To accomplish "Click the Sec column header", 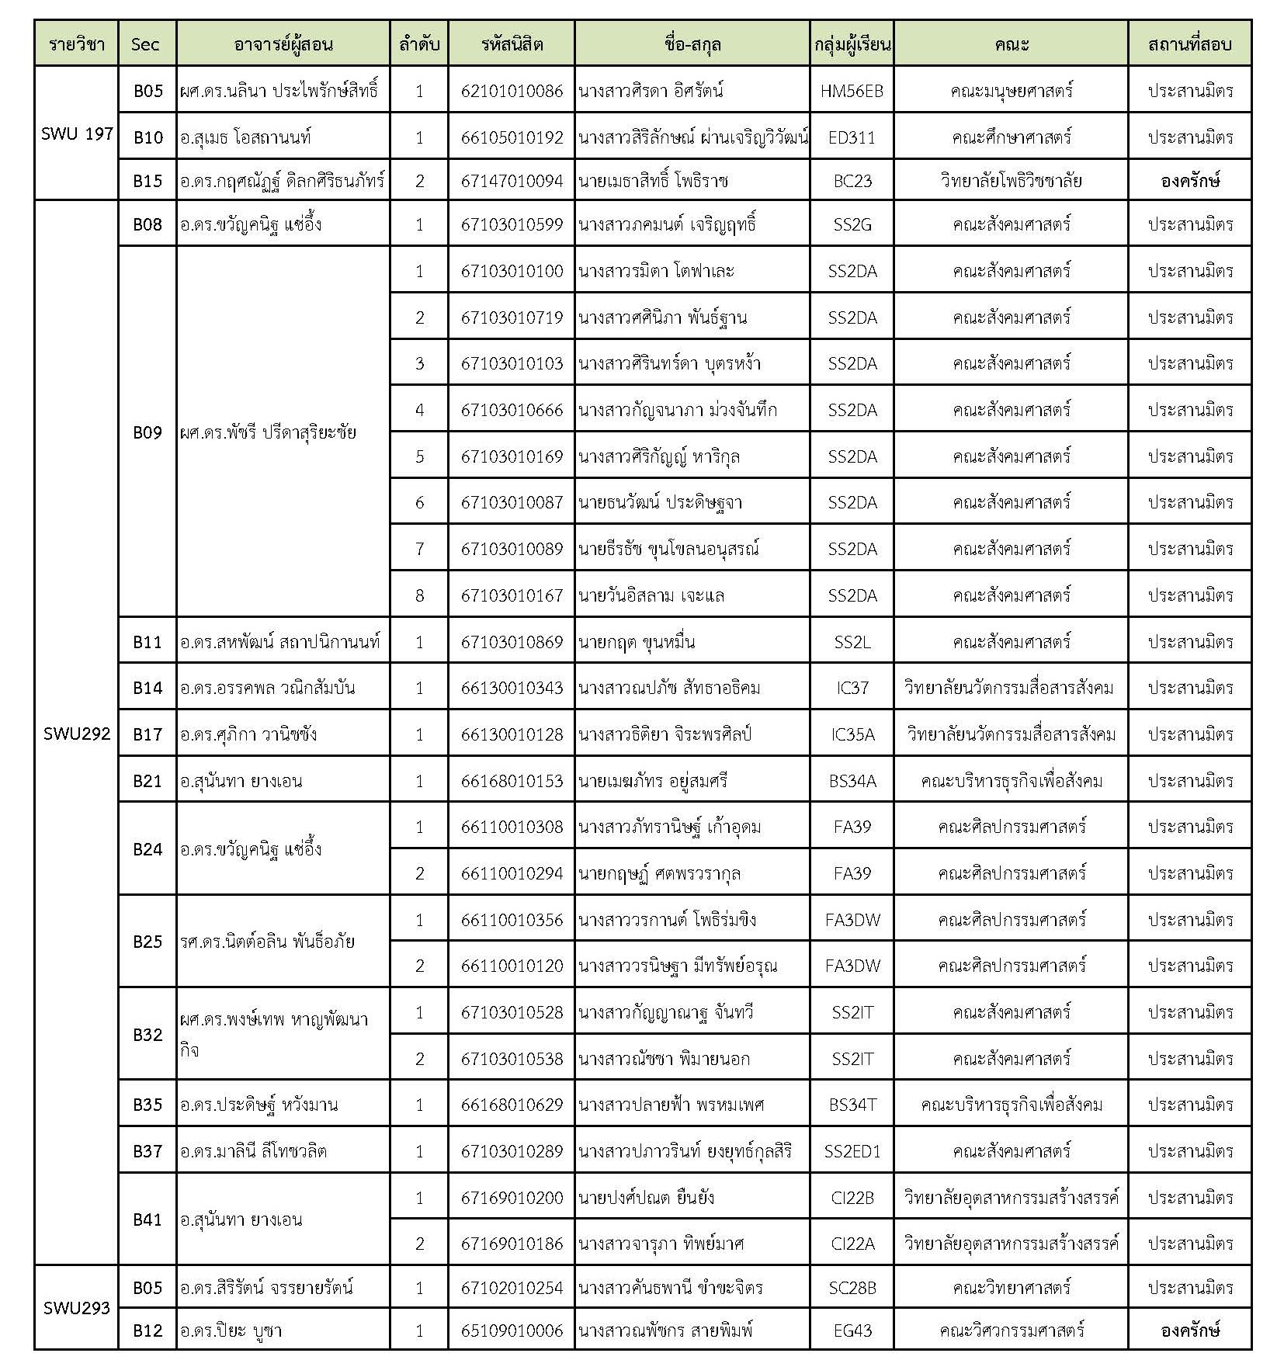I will coord(146,44).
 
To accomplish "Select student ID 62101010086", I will coord(512,91).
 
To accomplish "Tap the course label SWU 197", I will coord(77,134).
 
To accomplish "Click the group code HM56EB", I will coord(852,91).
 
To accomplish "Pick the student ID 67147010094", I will coord(512,181).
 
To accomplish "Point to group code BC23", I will coord(852,181).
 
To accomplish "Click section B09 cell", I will coord(147,432).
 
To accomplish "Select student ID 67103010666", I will coord(512,410).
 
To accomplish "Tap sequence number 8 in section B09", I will coord(419,595).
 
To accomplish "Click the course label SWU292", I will coord(77,734).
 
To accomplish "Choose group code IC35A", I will coord(852,734).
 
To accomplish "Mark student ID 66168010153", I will coord(512,781).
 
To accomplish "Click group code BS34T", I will coord(852,1105).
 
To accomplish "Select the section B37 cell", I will coord(147,1150).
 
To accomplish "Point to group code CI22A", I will coord(852,1244).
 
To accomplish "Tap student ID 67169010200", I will coord(512,1198).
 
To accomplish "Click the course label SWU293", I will coord(77,1308).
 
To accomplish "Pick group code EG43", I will coord(852,1331).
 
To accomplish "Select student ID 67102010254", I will coord(512,1288).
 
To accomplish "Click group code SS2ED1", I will coord(852,1151).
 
